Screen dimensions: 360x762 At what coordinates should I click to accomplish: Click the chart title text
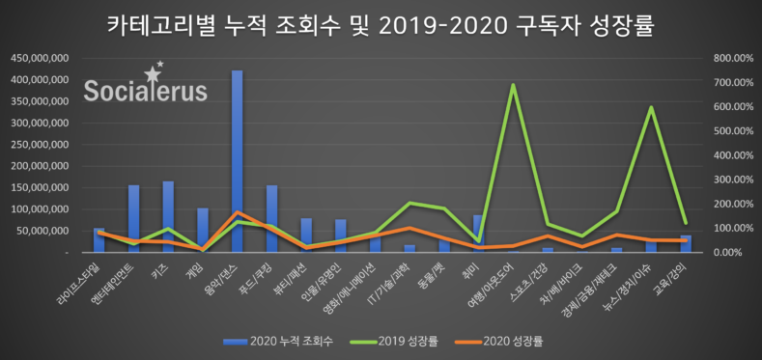[x=380, y=25]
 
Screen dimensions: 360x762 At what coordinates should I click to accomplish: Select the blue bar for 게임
[x=203, y=230]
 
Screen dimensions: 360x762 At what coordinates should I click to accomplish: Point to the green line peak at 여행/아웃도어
[x=513, y=85]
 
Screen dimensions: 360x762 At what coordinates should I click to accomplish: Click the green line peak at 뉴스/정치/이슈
[x=651, y=108]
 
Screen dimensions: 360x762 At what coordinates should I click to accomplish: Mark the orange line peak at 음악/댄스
[x=237, y=212]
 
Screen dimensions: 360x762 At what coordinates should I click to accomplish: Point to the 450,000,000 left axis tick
[x=39, y=58]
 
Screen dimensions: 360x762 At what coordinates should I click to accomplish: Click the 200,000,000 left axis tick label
[x=39, y=166]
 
